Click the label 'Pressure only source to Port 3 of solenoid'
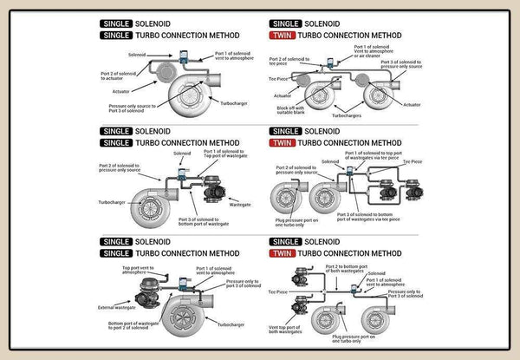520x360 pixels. pyautogui.click(x=134, y=108)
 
